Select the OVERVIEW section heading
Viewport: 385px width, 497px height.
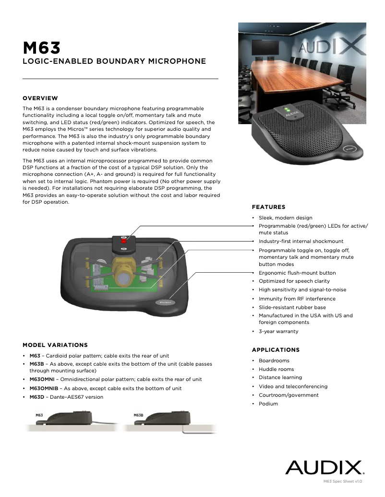point(40,98)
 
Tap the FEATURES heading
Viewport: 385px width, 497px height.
point(268,207)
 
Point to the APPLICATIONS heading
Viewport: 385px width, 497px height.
point(276,350)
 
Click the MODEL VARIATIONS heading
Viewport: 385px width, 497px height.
point(55,345)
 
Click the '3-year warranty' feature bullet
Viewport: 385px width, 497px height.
point(278,331)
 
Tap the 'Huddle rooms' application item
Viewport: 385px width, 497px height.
point(276,369)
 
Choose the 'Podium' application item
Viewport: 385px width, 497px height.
point(268,404)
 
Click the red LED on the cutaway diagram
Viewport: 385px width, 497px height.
point(123,243)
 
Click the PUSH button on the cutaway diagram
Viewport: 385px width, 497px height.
point(165,303)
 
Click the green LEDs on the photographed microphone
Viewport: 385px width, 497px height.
point(291,108)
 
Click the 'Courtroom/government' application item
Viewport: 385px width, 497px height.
point(289,395)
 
